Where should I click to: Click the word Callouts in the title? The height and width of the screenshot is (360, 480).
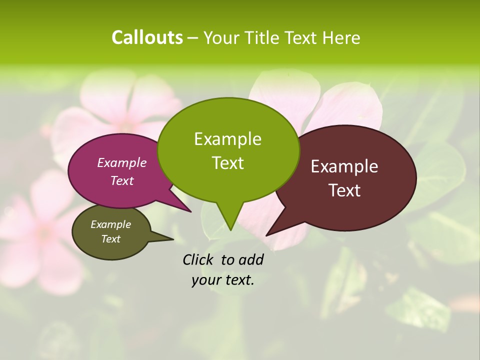click(x=147, y=37)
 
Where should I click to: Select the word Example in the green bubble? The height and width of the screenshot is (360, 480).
click(x=227, y=139)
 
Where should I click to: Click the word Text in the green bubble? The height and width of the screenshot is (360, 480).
click(x=227, y=163)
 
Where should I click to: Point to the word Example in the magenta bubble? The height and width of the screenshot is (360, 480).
click(x=121, y=162)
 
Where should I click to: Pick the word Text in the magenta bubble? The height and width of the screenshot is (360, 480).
click(x=121, y=180)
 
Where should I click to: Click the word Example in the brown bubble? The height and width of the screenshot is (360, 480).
click(x=344, y=166)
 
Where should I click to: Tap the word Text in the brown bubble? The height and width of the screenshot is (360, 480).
click(x=344, y=190)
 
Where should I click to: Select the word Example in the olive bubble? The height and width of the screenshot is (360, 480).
click(x=110, y=224)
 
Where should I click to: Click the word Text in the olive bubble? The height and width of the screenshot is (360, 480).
click(x=110, y=239)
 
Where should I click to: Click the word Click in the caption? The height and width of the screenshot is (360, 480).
click(x=198, y=259)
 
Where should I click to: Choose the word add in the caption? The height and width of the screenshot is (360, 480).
click(x=251, y=259)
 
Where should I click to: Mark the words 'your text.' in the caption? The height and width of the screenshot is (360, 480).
click(x=223, y=280)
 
